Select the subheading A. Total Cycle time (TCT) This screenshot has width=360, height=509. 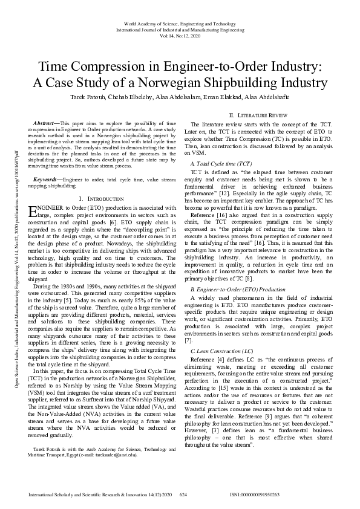[x=221, y=164]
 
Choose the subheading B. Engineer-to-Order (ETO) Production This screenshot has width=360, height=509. [x=238, y=290]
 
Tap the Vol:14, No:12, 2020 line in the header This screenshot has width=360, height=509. [x=180, y=35]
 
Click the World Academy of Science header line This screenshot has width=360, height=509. [x=180, y=23]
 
